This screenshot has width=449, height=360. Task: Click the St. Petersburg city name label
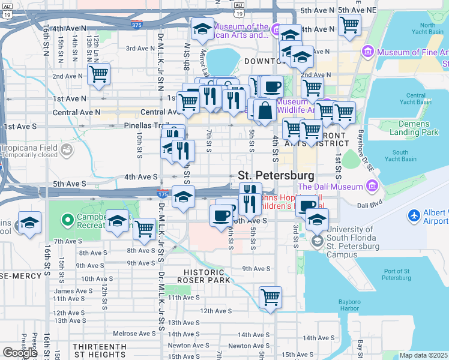(x=276, y=176)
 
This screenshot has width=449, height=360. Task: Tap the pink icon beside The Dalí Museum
(x=372, y=187)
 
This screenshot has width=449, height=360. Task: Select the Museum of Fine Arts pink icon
(x=367, y=53)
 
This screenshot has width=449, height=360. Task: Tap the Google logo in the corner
(x=19, y=352)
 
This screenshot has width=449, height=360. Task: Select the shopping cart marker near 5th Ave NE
(x=349, y=25)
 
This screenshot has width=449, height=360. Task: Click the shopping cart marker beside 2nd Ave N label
(x=98, y=74)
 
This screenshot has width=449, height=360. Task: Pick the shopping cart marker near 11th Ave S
(x=271, y=296)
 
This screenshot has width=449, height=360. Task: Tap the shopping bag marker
(x=265, y=110)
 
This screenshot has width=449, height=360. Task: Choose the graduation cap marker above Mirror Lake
(x=202, y=28)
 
